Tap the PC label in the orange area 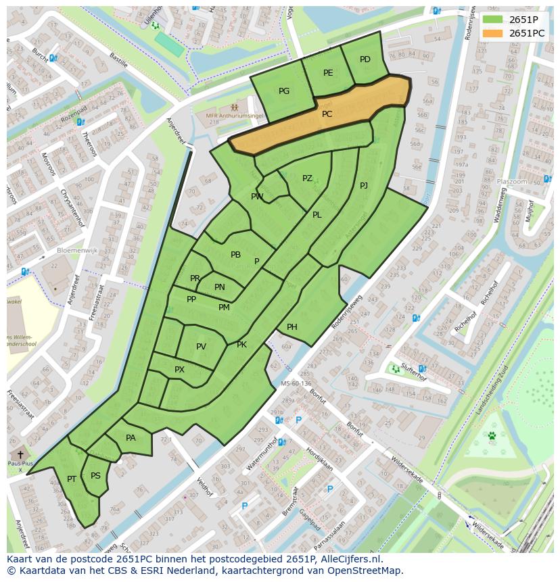tap(327, 114)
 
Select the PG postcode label tap(284, 91)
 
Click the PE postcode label tap(328, 73)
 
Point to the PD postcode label tap(365, 59)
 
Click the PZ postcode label tap(307, 178)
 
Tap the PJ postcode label tap(364, 185)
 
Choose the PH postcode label tap(292, 327)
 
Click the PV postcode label tap(201, 347)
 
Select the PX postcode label tap(179, 370)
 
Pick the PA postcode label tap(131, 438)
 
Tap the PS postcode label tap(95, 476)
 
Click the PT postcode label tap(72, 479)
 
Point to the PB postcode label tap(235, 255)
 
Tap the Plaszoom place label tap(511, 182)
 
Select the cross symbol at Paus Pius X tap(20, 455)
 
